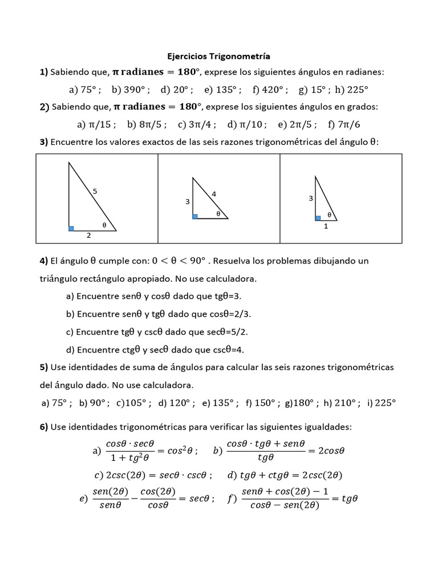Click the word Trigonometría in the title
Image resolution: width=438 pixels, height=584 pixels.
point(240,56)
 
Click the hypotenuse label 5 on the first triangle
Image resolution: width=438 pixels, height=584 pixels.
point(95,192)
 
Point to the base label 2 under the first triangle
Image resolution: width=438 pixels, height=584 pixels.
point(88,235)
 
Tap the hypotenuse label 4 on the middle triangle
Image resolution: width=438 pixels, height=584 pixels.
point(214,194)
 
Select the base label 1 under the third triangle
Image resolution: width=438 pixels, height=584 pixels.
point(326,226)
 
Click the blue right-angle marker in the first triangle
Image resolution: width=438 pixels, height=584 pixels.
point(71,228)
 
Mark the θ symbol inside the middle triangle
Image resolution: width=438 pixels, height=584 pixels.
point(218,213)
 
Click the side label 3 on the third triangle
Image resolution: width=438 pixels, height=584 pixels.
point(311,198)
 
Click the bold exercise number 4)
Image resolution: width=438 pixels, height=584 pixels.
point(43,261)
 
